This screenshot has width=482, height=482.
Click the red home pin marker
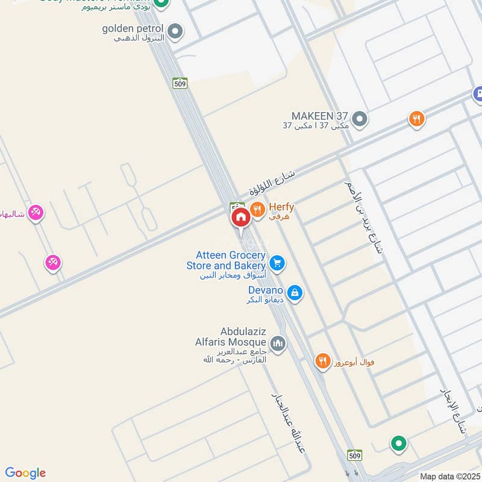pyautogui.click(x=240, y=217)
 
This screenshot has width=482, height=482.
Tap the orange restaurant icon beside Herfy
pyautogui.click(x=258, y=210)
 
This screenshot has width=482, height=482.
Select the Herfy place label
pyautogui.click(x=281, y=210)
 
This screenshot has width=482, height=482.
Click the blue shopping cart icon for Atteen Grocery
pyautogui.click(x=277, y=262)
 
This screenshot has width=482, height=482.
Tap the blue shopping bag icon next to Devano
pyautogui.click(x=295, y=293)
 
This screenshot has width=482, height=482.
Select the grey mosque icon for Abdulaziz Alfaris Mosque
pyautogui.click(x=277, y=344)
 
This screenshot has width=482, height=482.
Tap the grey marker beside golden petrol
pyautogui.click(x=175, y=31)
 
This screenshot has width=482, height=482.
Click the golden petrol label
pyautogui.click(x=132, y=29)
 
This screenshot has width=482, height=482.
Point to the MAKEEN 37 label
pyautogui.click(x=319, y=116)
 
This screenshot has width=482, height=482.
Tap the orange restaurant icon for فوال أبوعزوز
pyautogui.click(x=323, y=361)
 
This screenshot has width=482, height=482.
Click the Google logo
pyautogui.click(x=25, y=473)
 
